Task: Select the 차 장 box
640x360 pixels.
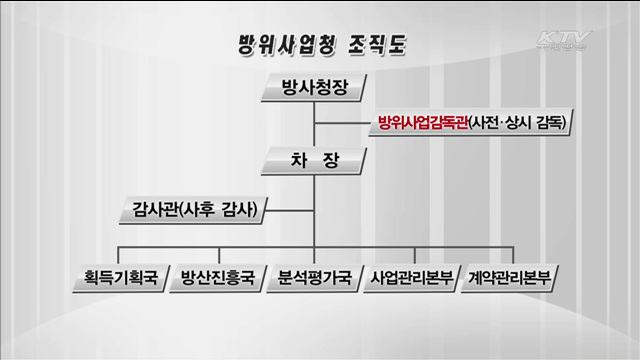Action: click(314, 158)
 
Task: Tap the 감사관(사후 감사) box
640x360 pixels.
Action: click(194, 210)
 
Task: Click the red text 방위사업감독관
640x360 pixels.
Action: click(423, 124)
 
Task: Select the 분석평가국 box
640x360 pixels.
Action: click(314, 276)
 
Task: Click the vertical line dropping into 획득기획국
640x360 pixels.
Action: click(121, 252)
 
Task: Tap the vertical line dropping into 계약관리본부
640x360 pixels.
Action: click(509, 252)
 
